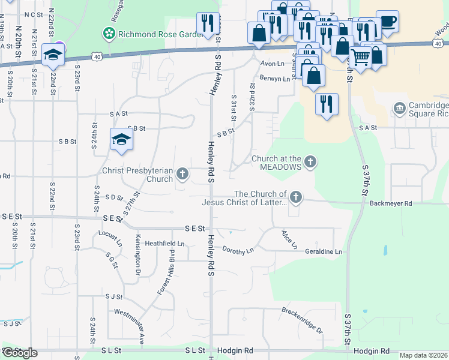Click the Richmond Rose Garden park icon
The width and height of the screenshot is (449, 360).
click(109, 34)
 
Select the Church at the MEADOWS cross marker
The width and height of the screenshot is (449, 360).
click(310, 161)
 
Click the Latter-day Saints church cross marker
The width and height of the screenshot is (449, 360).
click(295, 197)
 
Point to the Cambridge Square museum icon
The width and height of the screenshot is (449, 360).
click(399, 108)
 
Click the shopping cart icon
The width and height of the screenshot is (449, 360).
click(360, 58)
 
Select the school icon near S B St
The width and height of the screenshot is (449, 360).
click(121, 140)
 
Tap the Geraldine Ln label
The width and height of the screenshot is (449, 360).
click(323, 252)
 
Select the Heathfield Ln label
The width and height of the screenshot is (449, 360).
click(164, 244)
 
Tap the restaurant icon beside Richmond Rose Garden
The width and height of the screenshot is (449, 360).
click(208, 23)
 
